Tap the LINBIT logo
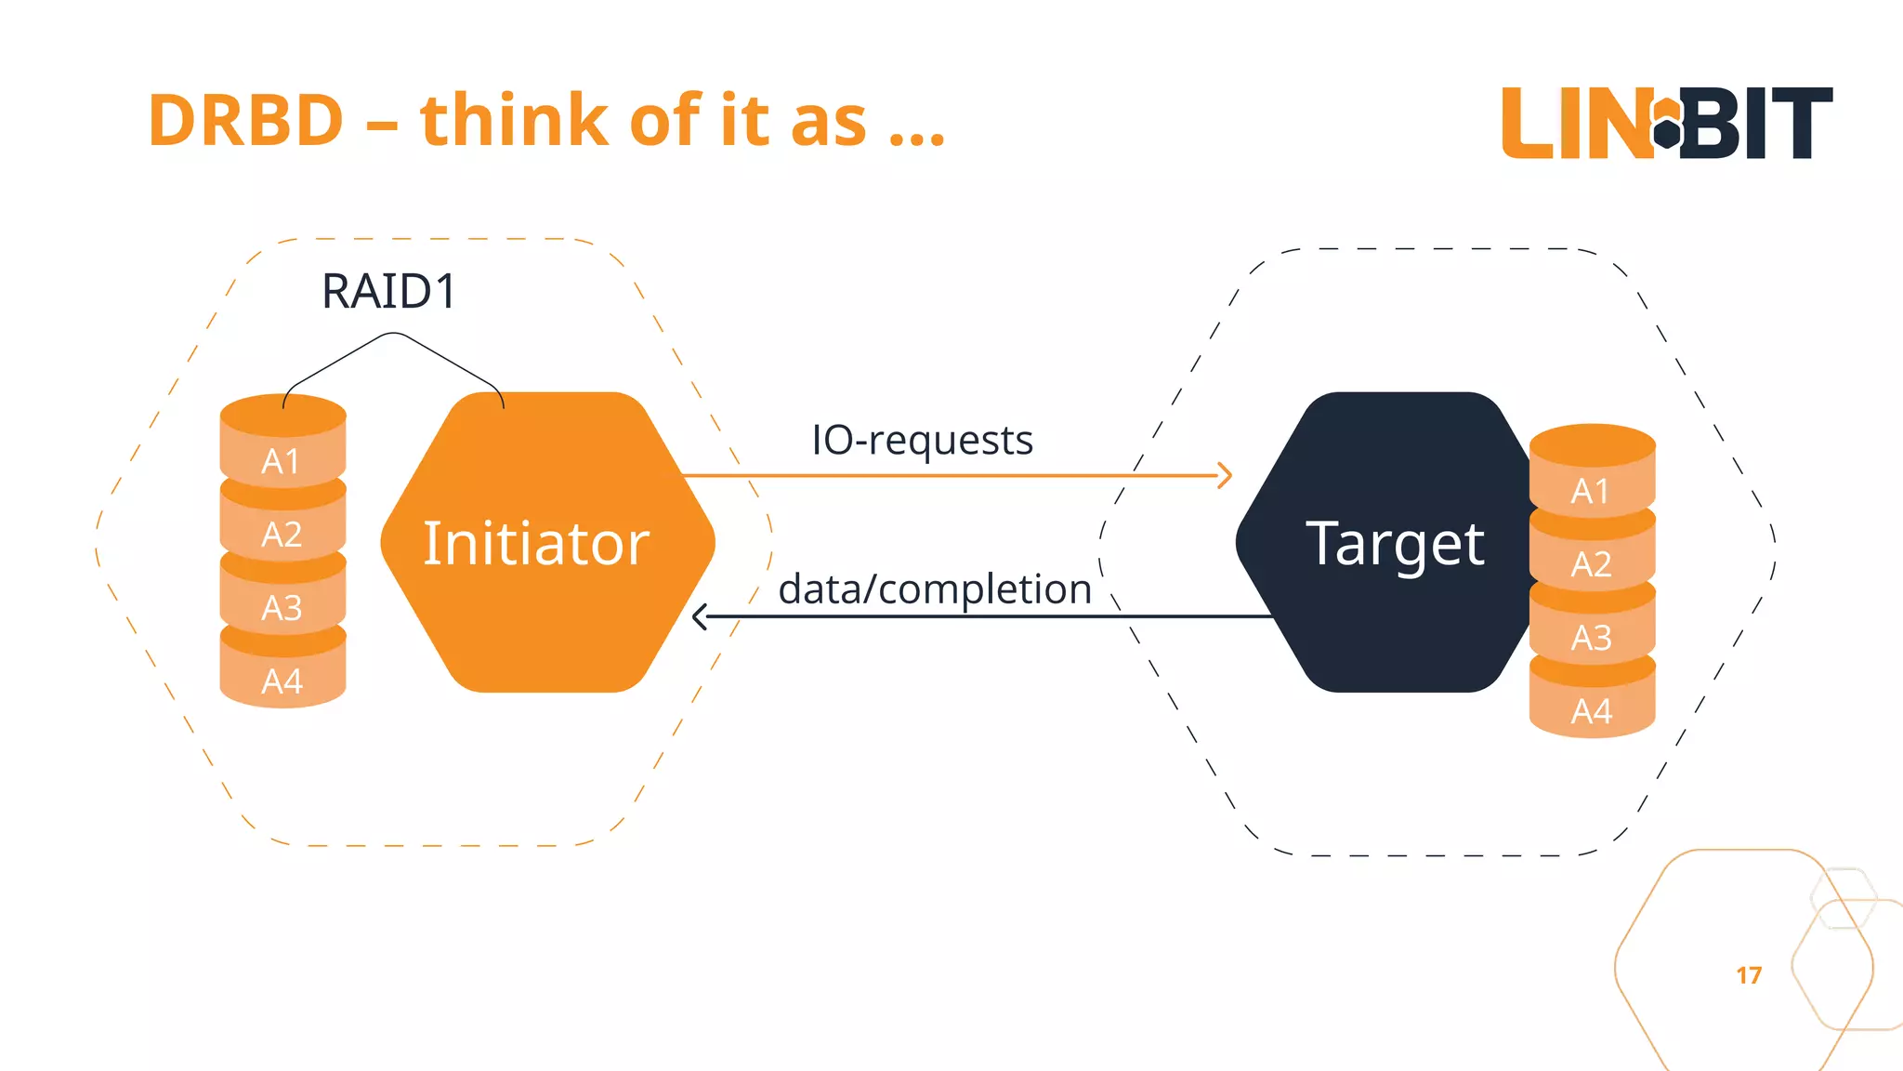tap(1667, 123)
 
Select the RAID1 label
tap(388, 291)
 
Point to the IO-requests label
tap(922, 440)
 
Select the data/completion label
tap(934, 589)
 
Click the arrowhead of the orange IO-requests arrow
tap(1226, 476)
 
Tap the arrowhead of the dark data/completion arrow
tap(700, 616)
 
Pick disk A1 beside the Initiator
tap(282, 459)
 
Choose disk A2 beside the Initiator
tap(282, 534)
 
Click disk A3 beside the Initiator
tap(282, 607)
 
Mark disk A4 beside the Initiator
tap(282, 681)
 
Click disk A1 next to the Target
tap(1592, 489)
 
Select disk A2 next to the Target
tap(1592, 563)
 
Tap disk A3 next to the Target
tap(1592, 637)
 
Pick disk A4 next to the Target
tap(1592, 710)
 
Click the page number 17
tap(1749, 975)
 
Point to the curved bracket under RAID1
tap(394, 336)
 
